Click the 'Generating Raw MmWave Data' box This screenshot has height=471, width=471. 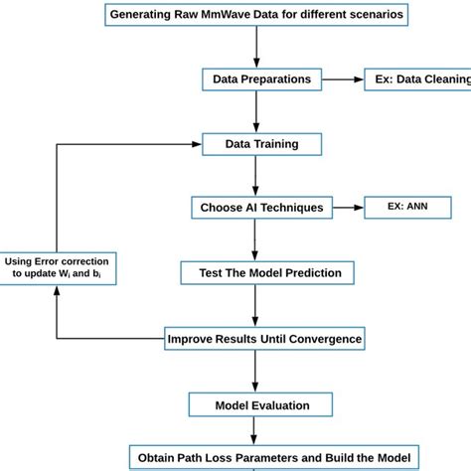[x=256, y=15]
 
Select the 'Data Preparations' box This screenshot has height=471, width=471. [x=261, y=78]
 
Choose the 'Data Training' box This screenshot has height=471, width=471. [x=262, y=144]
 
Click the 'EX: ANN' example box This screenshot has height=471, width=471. [x=407, y=208]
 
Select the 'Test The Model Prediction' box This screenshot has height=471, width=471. [x=261, y=272]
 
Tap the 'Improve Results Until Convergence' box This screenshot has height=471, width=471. [x=264, y=339]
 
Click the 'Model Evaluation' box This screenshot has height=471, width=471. [x=262, y=404]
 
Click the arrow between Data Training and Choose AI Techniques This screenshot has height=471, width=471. [x=257, y=176]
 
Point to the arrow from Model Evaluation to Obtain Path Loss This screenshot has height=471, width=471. [x=257, y=431]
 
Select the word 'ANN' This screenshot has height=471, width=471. [x=419, y=208]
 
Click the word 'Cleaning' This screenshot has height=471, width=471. [x=440, y=78]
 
